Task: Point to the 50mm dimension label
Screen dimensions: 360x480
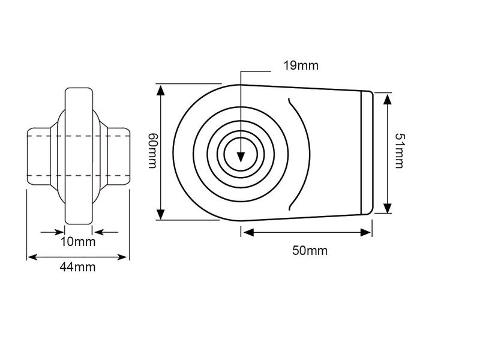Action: click(x=310, y=250)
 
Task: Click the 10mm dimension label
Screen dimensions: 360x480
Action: click(x=78, y=242)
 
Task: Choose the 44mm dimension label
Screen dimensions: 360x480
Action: click(x=78, y=268)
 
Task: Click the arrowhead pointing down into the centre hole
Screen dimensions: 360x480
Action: click(x=240, y=157)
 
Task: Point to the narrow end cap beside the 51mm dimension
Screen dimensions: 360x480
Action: click(x=367, y=152)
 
